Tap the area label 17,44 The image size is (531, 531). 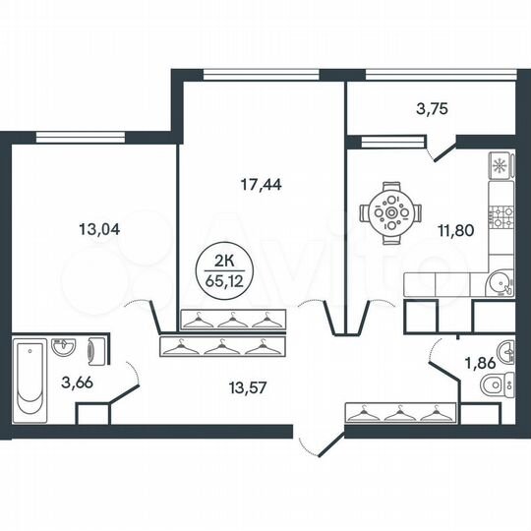point(262,183)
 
